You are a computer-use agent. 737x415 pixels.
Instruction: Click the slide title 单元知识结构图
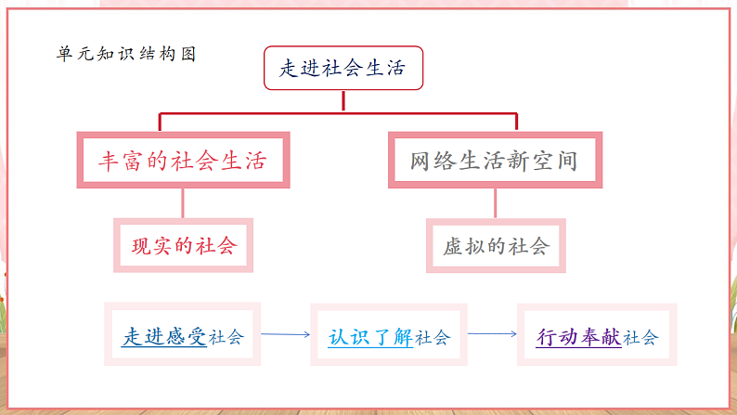tap(126, 54)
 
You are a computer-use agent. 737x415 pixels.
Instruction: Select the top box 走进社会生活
tap(343, 69)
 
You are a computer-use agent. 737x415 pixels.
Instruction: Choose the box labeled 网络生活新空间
tap(494, 161)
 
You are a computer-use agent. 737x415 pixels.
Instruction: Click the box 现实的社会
tap(183, 246)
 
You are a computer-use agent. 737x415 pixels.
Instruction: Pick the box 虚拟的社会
tap(496, 246)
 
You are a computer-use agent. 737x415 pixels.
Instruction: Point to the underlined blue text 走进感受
tap(164, 336)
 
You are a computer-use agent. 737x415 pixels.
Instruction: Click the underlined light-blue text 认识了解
tap(371, 336)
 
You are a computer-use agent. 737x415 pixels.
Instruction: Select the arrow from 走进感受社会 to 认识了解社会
tap(284, 334)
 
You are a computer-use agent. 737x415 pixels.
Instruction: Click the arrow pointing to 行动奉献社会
tap(492, 334)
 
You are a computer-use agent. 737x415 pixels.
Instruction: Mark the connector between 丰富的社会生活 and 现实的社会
tap(183, 203)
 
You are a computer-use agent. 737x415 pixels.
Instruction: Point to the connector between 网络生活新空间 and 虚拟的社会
tap(495, 203)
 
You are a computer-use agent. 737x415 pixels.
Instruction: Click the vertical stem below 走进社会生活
tap(343, 102)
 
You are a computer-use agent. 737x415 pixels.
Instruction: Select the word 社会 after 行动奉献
tap(640, 337)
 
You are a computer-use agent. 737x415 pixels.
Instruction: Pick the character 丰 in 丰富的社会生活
tap(110, 161)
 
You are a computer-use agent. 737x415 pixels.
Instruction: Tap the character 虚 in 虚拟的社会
tap(454, 246)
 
